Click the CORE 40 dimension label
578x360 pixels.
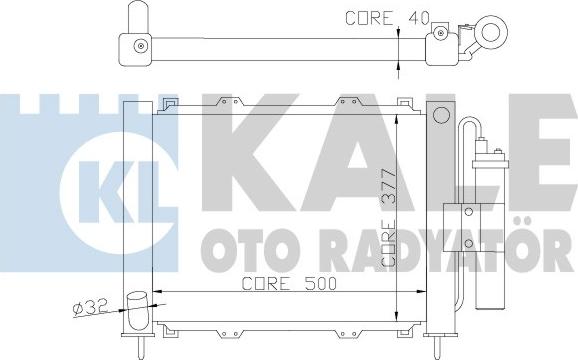coord(387,18)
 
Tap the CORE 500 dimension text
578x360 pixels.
coord(289,283)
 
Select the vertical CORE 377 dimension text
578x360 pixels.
coord(389,218)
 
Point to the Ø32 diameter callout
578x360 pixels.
coord(90,307)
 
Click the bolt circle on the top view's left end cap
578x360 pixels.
coord(141,46)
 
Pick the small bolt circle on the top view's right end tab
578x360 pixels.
coord(440,33)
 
